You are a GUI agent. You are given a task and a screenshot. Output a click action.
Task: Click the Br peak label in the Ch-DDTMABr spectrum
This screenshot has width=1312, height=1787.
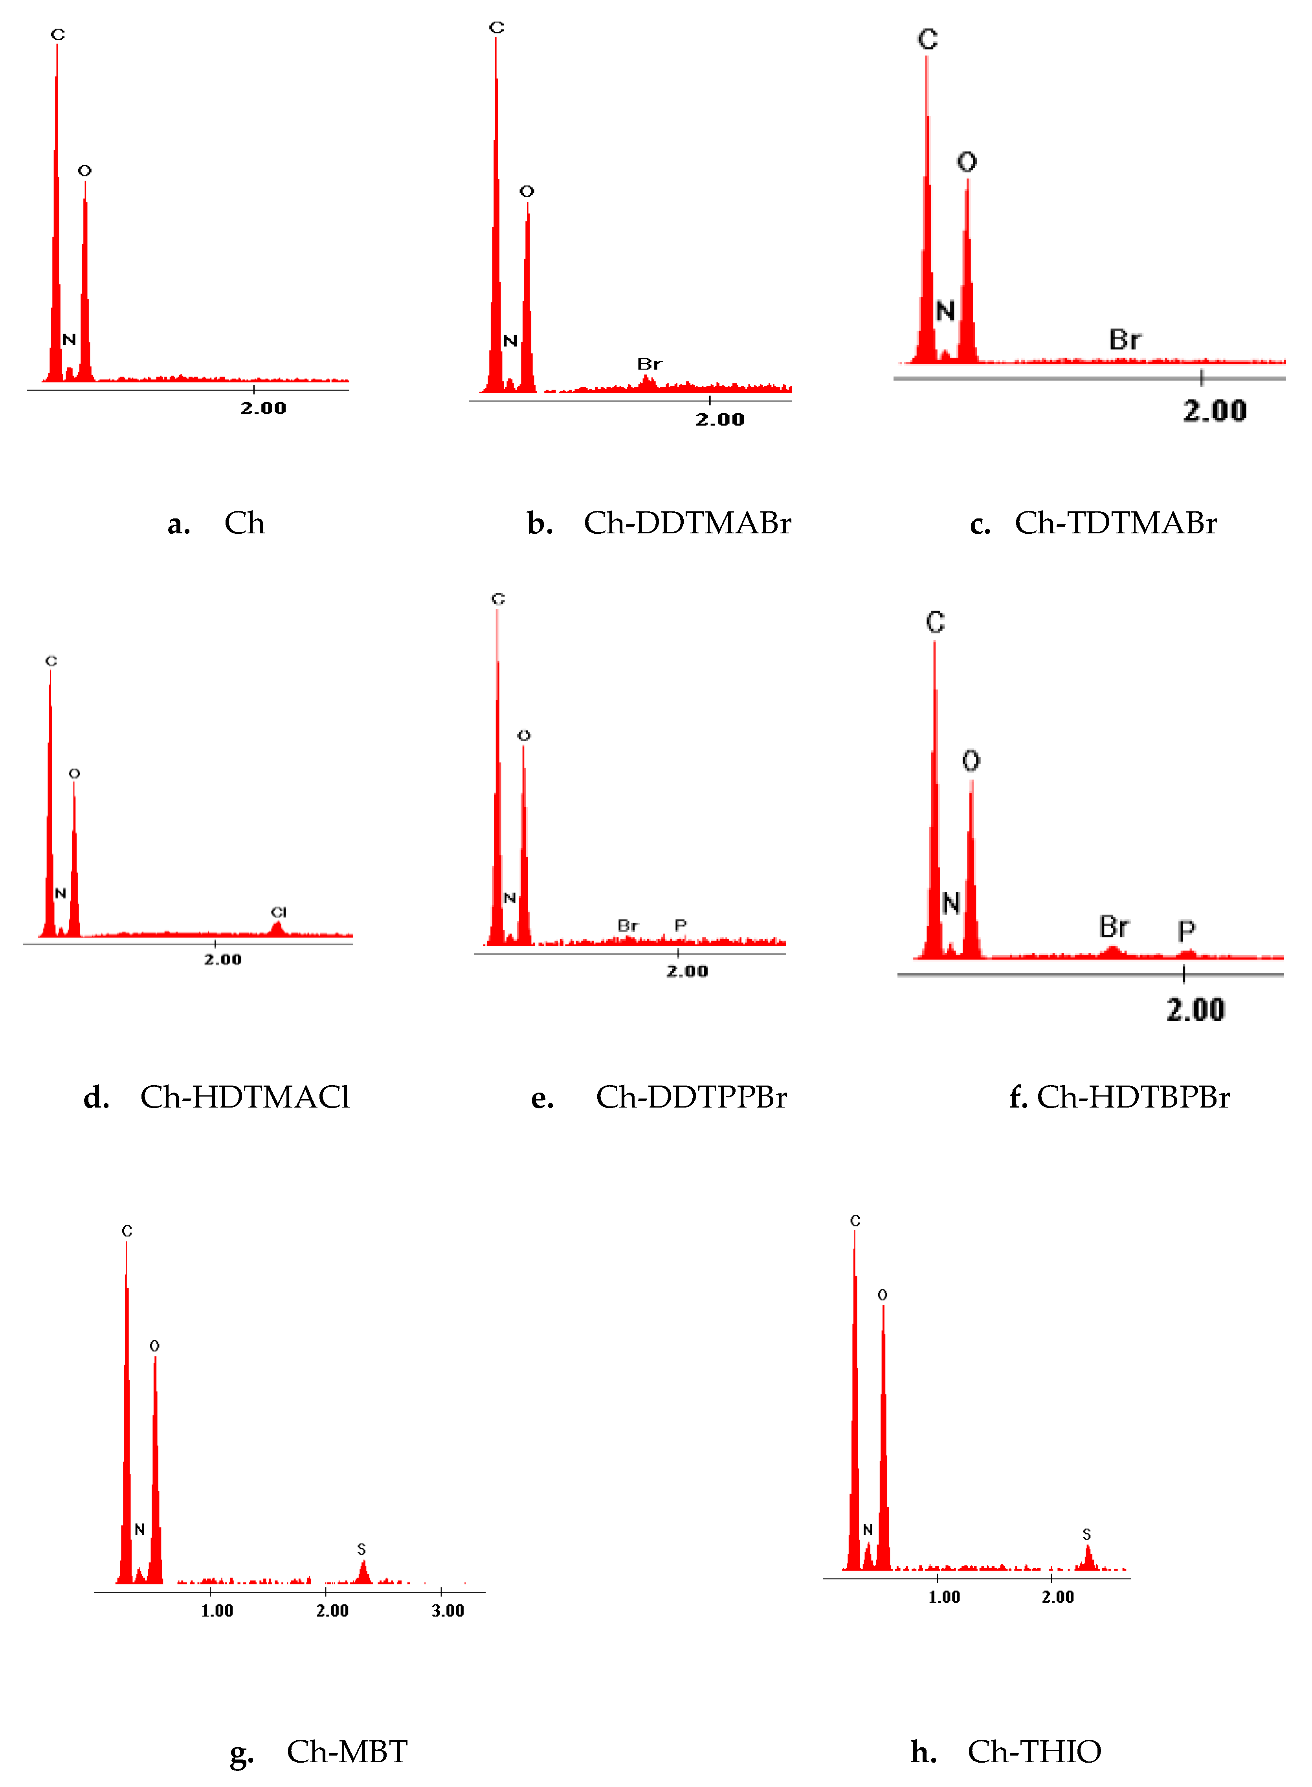pos(649,364)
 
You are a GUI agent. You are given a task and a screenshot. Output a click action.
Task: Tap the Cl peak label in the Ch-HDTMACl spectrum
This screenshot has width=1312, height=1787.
pos(278,912)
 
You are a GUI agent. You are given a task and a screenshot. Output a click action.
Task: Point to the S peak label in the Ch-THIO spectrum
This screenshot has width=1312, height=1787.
pos(1086,1534)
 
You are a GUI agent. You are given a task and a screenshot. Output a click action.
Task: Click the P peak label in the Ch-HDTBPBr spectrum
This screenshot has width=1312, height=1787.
pos(1187,930)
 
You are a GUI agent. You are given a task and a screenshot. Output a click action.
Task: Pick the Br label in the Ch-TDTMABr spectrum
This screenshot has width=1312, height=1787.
pos(1125,340)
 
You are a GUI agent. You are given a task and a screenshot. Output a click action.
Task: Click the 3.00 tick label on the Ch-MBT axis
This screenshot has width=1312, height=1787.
pos(447,1611)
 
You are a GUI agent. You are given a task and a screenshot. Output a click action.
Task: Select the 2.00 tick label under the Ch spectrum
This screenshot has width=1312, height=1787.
pos(263,408)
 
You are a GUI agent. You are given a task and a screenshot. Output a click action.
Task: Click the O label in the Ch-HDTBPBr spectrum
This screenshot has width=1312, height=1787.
pos(971,761)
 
